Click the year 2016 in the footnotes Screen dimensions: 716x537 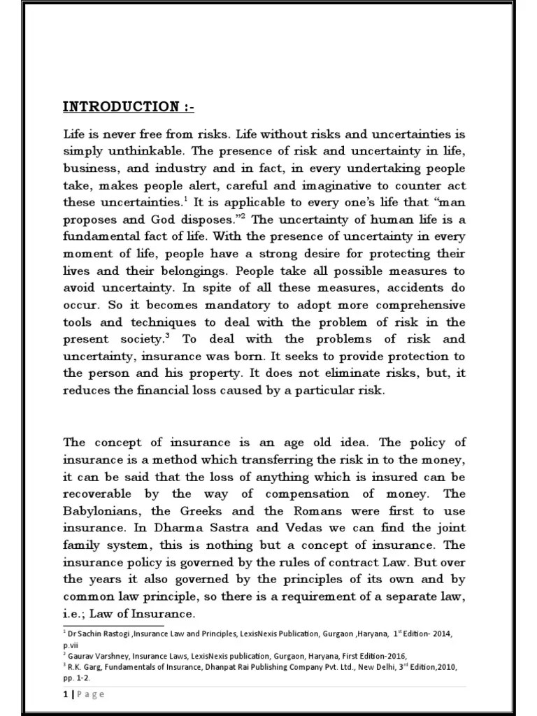click(393, 654)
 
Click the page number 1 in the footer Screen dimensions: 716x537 click(65, 694)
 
